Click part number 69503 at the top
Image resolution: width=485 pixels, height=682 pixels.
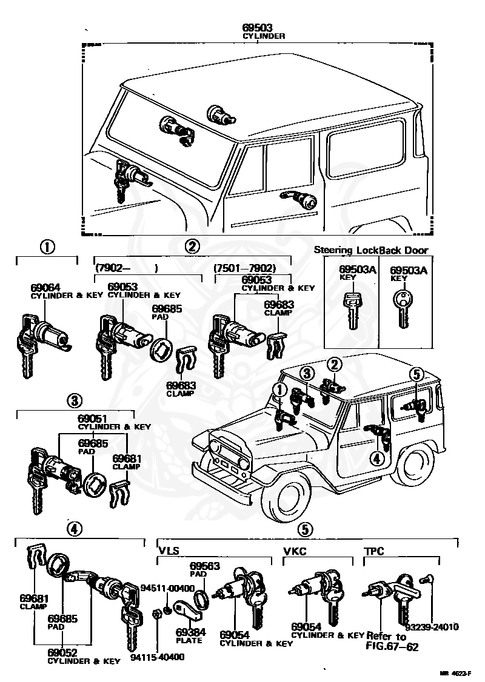click(258, 28)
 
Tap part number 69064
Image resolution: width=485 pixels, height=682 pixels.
click(45, 287)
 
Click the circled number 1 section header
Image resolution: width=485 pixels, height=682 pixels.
click(47, 247)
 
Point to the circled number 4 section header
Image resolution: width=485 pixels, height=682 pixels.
click(73, 528)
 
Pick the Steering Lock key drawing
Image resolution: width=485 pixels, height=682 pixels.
click(352, 309)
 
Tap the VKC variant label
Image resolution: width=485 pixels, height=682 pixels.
click(295, 552)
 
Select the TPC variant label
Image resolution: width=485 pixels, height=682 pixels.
click(375, 552)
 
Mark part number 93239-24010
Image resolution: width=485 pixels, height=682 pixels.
click(433, 627)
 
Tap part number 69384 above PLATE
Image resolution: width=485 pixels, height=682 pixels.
click(190, 632)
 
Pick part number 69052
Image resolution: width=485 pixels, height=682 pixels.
click(62, 653)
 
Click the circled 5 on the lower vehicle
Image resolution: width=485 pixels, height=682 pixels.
click(416, 374)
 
